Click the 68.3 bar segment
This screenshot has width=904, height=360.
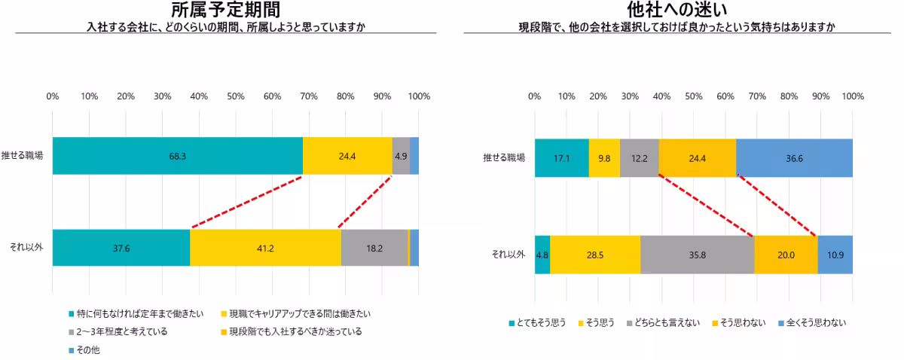pyautogui.click(x=178, y=156)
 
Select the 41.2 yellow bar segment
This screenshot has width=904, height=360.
pyautogui.click(x=265, y=248)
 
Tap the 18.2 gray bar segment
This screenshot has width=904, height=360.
pyautogui.click(x=374, y=248)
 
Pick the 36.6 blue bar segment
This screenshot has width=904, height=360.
pyautogui.click(x=794, y=158)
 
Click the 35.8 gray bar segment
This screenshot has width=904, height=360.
pyautogui.click(x=697, y=255)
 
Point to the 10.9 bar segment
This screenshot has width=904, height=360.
pyautogui.click(x=835, y=255)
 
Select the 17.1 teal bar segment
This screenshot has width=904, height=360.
pyautogui.click(x=561, y=158)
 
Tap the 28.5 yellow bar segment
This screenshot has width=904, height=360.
pyautogui.click(x=595, y=255)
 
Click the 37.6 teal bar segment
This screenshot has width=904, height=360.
pyautogui.click(x=121, y=248)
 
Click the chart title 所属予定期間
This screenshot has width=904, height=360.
pyautogui.click(x=225, y=10)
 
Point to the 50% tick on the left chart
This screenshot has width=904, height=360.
pyautogui.click(x=236, y=96)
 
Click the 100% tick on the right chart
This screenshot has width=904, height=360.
pyautogui.click(x=853, y=96)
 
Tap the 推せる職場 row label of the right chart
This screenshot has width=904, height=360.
pyautogui.click(x=504, y=158)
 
